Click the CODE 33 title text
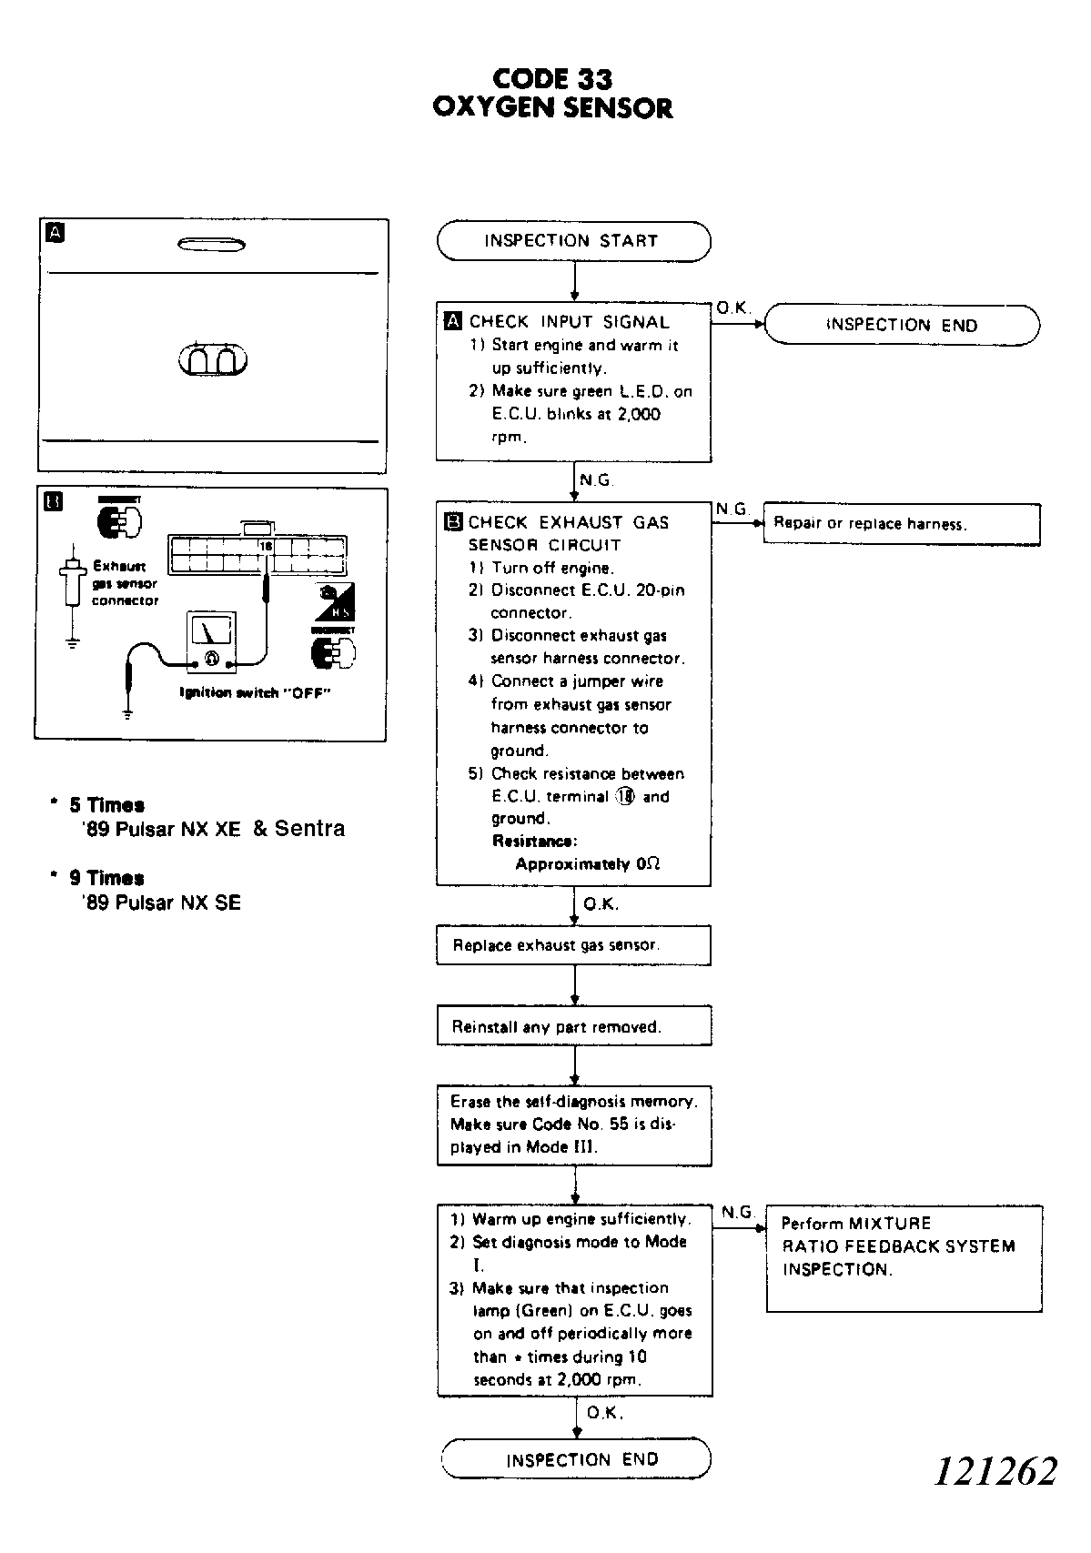tap(552, 79)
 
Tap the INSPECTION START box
tap(573, 241)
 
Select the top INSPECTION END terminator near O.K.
tap(901, 325)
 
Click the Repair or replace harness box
tap(901, 524)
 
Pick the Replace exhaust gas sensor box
tap(573, 945)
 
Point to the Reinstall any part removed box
tap(573, 1026)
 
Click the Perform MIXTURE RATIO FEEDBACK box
tap(904, 1257)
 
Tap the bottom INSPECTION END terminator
tap(576, 1459)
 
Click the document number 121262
tap(995, 1471)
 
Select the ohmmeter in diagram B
tap(211, 641)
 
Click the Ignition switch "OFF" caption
tap(254, 693)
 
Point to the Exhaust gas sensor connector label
tap(125, 583)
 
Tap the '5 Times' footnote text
tap(106, 805)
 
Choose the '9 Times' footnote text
tap(106, 878)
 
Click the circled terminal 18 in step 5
tap(625, 796)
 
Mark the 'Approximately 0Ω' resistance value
tap(587, 864)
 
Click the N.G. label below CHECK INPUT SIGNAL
tap(596, 480)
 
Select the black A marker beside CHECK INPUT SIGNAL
tap(453, 321)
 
